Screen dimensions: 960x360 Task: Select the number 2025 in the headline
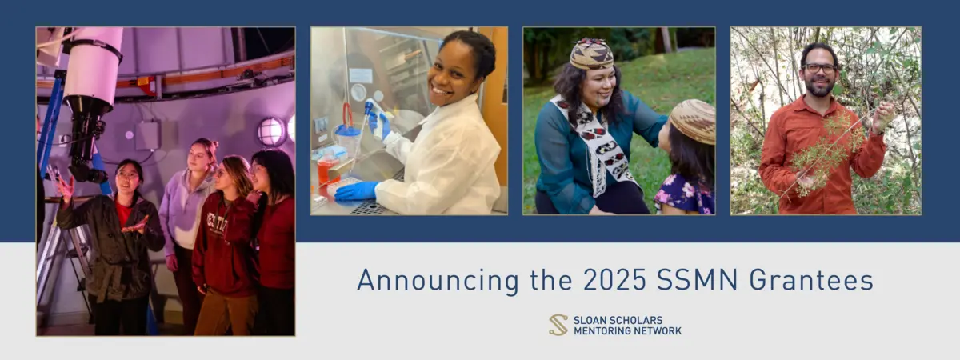(614, 280)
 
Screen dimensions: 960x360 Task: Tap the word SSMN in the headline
(698, 280)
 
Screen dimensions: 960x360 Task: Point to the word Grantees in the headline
(811, 280)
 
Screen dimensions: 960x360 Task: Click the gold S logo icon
(558, 325)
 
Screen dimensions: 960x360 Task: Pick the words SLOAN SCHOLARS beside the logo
(618, 320)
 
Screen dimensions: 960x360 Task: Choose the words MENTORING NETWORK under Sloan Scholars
(627, 331)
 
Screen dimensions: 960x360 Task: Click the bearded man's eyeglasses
(819, 68)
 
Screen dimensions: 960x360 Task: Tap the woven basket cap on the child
(693, 121)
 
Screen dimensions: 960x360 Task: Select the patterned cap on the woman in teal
(591, 54)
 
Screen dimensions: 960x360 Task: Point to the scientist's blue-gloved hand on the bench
(356, 191)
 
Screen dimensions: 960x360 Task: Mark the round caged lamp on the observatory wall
(271, 131)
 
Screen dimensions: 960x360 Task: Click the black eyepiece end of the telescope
(87, 172)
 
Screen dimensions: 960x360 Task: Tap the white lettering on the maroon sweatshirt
(217, 224)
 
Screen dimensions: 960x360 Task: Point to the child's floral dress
(686, 195)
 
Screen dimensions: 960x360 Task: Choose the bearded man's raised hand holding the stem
(883, 116)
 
